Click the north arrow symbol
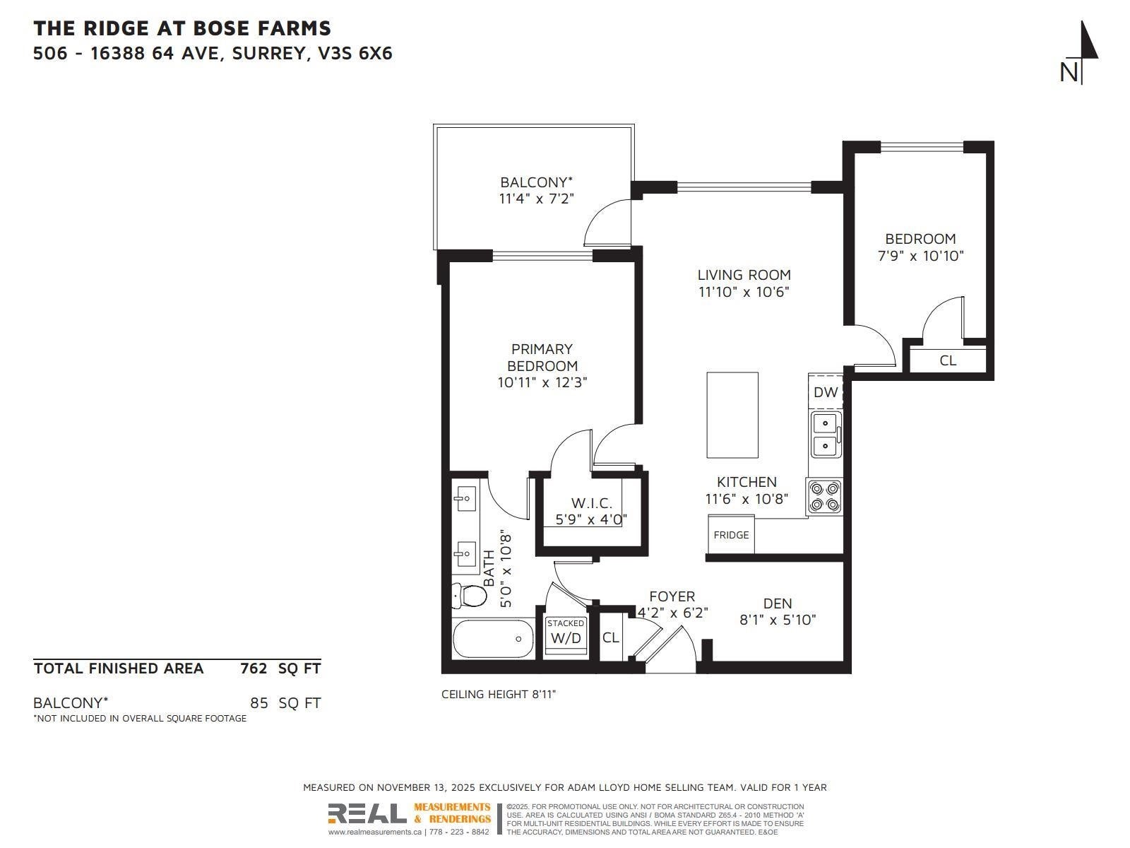click(1081, 52)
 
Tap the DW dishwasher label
click(825, 391)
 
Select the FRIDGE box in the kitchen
click(731, 534)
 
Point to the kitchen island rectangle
click(732, 415)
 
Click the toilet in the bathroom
click(469, 595)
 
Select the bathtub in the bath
click(493, 638)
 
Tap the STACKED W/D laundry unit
click(566, 636)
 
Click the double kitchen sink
click(826, 434)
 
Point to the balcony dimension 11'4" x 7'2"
click(537, 199)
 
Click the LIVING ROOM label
click(744, 275)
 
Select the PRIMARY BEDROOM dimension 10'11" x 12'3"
click(542, 382)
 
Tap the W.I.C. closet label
click(592, 503)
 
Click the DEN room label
click(778, 603)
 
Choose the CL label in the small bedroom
click(948, 360)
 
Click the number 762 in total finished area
click(254, 669)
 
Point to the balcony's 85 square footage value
click(259, 703)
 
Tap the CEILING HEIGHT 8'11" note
click(499, 694)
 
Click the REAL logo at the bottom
click(367, 813)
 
